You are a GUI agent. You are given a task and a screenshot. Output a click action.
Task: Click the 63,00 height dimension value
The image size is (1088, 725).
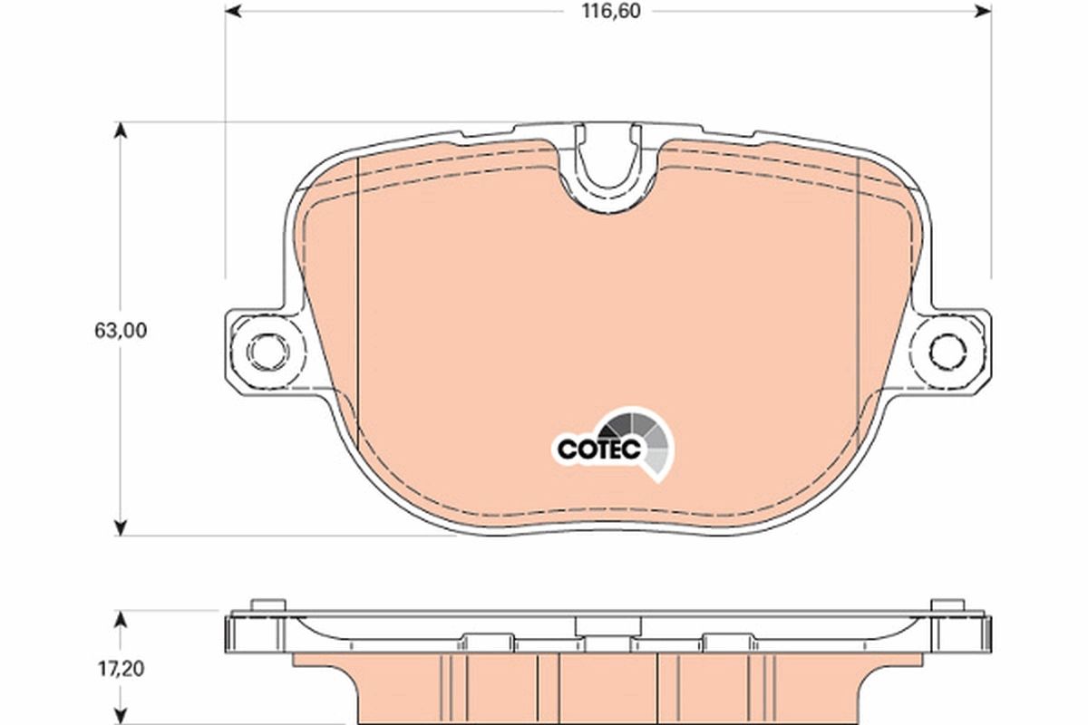click(x=119, y=331)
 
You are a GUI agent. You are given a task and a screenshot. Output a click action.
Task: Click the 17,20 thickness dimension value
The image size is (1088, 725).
click(x=119, y=671)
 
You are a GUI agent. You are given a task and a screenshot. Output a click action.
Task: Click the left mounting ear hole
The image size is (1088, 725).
click(x=266, y=350)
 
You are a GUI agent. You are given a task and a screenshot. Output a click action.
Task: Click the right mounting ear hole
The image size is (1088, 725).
click(x=948, y=350)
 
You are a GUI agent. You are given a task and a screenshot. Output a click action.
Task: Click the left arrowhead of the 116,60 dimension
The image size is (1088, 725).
click(x=233, y=11)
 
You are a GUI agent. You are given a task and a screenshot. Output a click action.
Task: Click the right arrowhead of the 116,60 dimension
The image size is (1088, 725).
click(x=982, y=11)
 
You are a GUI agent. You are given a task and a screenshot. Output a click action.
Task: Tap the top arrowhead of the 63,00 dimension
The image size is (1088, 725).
click(x=119, y=130)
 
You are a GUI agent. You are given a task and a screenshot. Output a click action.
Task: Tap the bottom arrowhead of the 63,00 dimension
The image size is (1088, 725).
click(x=119, y=527)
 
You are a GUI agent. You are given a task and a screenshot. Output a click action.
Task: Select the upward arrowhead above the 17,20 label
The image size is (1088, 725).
click(x=119, y=619)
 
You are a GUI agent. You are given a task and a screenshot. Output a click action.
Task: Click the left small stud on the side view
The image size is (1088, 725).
click(x=266, y=605)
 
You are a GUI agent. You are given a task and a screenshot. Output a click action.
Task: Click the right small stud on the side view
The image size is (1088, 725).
click(x=948, y=605)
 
